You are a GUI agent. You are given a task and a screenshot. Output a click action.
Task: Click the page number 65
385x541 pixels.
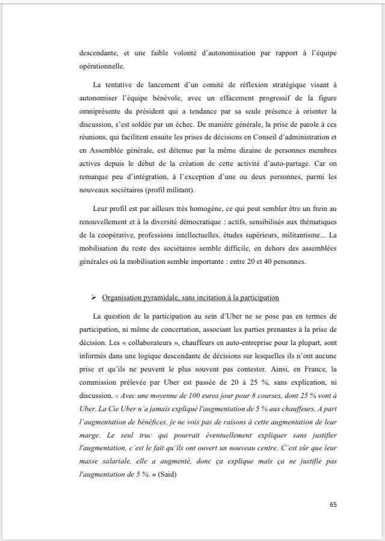pos(333,504)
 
